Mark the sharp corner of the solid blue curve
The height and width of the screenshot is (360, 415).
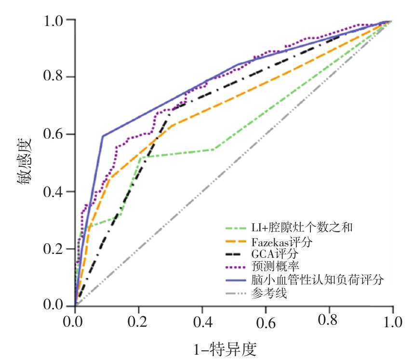pyautogui.click(x=103, y=136)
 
